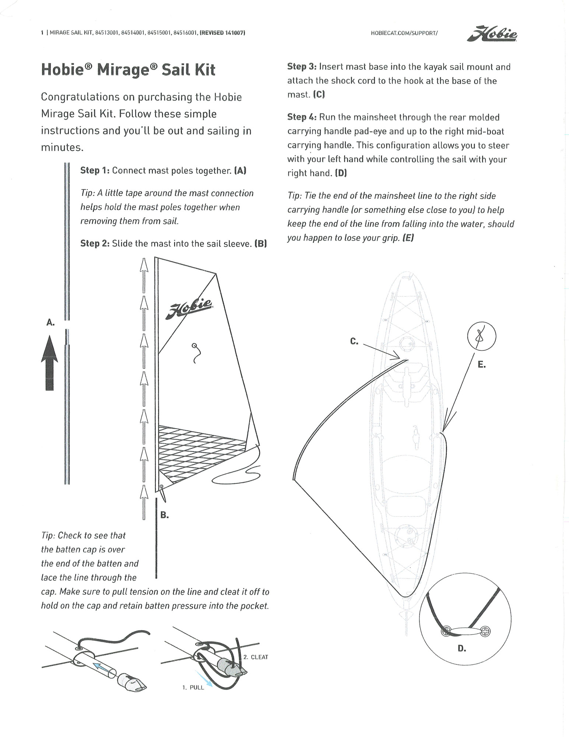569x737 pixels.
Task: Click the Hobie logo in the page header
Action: click(x=492, y=34)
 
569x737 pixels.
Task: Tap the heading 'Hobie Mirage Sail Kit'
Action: click(x=128, y=70)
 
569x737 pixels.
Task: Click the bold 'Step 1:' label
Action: click(x=95, y=171)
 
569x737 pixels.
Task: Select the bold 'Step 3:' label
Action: click(x=302, y=67)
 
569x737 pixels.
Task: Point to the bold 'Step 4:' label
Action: click(x=302, y=117)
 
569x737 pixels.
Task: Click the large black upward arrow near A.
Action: click(x=50, y=363)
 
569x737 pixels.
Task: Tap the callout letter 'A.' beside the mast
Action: click(x=50, y=322)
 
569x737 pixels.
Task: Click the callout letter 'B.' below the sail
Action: click(x=165, y=515)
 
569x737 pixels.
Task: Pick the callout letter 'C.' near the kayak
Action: click(x=354, y=342)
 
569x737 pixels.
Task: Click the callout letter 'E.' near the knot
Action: click(x=481, y=365)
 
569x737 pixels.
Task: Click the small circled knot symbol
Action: click(x=481, y=336)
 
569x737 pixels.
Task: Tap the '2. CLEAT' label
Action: click(x=256, y=657)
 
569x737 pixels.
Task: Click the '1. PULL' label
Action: click(x=193, y=688)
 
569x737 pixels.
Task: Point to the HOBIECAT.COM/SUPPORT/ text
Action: click(x=404, y=33)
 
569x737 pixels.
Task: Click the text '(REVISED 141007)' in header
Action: click(x=222, y=33)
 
